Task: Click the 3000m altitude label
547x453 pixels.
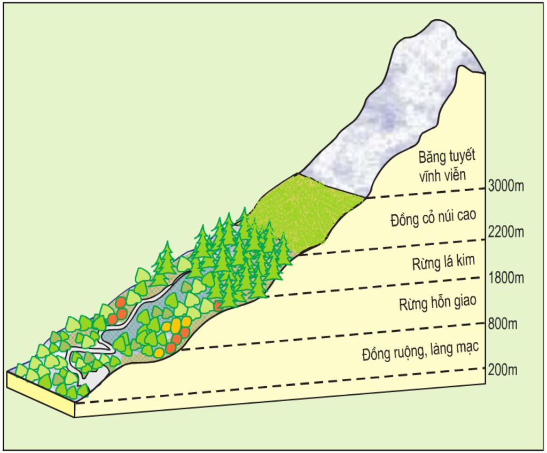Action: click(x=506, y=186)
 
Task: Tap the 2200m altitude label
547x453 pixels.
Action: click(x=506, y=231)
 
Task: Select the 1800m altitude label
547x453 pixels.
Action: click(x=506, y=278)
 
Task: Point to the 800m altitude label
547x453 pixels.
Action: click(x=503, y=324)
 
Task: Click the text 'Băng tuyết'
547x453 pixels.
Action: click(x=447, y=157)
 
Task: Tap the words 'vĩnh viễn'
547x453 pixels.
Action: click(x=442, y=175)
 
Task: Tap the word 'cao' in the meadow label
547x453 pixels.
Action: click(x=465, y=215)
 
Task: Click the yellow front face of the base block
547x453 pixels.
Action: click(x=41, y=394)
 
